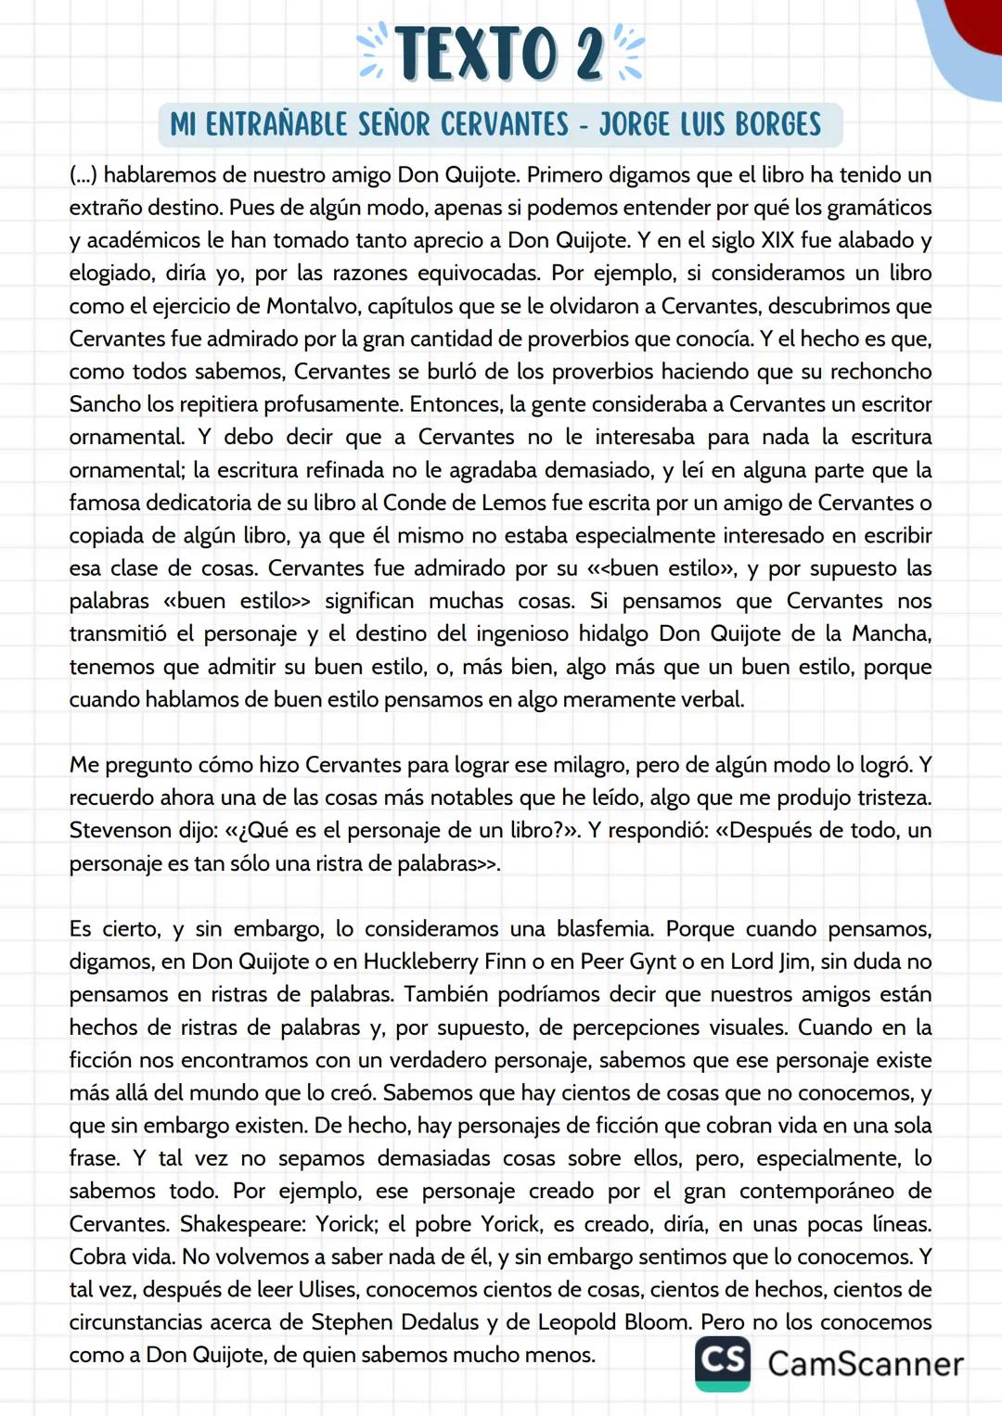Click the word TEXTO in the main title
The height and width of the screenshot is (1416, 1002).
pyautogui.click(x=477, y=53)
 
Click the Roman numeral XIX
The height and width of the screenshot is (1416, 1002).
pyautogui.click(x=777, y=240)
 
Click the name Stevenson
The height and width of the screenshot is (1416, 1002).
pyautogui.click(x=121, y=831)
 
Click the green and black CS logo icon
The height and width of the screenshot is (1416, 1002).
pyautogui.click(x=723, y=1362)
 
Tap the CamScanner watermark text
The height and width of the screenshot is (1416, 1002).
pyautogui.click(x=865, y=1363)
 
